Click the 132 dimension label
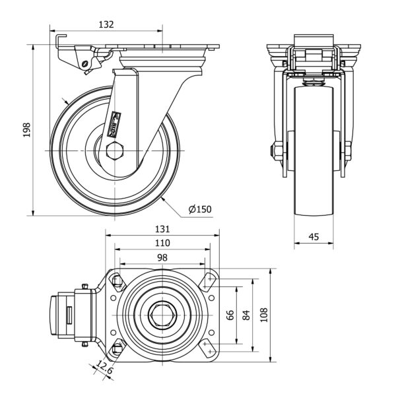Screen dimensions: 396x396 [x=106, y=24]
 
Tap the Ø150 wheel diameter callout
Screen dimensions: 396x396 [x=199, y=209]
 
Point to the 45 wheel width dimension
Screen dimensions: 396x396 [x=314, y=236]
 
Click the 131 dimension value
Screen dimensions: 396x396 [x=162, y=229]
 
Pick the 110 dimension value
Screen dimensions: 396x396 [x=162, y=243]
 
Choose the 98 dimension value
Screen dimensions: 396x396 [x=162, y=257]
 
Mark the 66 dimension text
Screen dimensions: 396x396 [x=230, y=315]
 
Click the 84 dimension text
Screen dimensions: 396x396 [x=247, y=315]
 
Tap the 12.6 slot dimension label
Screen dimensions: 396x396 [x=104, y=366]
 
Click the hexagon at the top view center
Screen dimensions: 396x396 [x=162, y=315]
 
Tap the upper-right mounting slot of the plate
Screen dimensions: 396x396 [x=209, y=281]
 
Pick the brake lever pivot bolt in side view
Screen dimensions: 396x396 [x=85, y=63]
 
